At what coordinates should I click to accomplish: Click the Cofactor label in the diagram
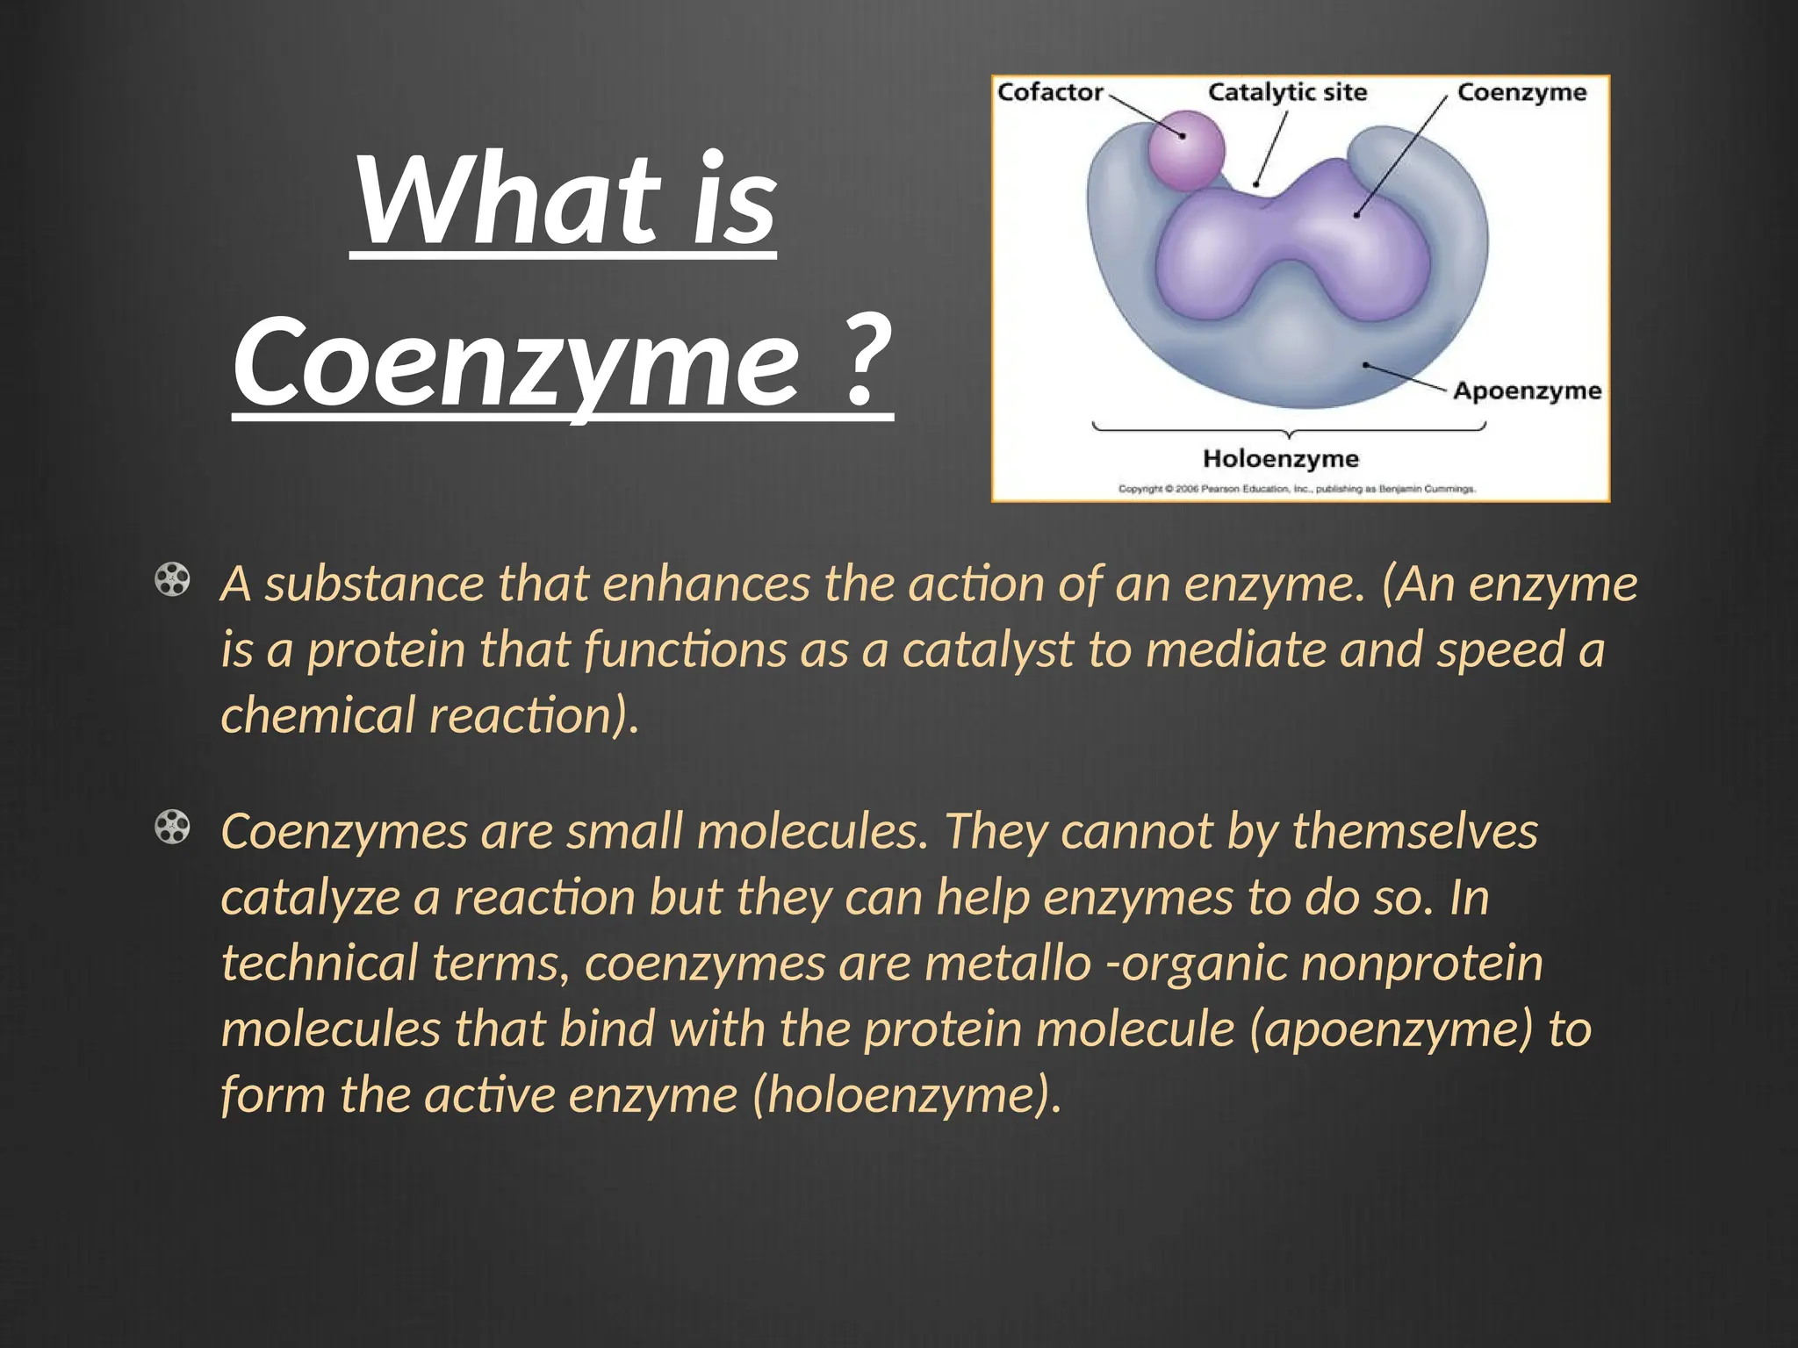pos(1050,92)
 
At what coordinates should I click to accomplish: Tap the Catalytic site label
pos(1287,92)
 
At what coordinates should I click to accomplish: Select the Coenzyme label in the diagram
pos(1521,92)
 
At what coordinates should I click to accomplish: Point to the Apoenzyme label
pos(1527,391)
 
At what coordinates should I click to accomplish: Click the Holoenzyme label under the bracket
pos(1280,458)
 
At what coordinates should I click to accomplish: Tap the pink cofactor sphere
pos(1186,149)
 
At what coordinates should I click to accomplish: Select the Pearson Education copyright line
pos(1297,489)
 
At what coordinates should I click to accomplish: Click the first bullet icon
pos(172,580)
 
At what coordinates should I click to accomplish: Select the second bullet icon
pos(172,828)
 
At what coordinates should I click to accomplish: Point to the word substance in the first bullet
pos(375,584)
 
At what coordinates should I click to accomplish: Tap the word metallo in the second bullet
pos(1007,963)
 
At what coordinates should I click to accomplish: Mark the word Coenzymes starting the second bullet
pos(344,831)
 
